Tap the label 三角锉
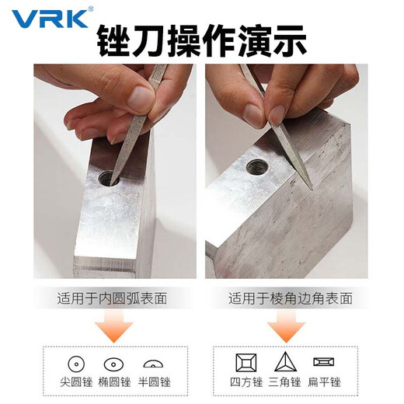[x=284, y=382]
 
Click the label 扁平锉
[x=326, y=382]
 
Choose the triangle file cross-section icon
[x=284, y=362]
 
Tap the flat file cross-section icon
[x=322, y=362]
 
